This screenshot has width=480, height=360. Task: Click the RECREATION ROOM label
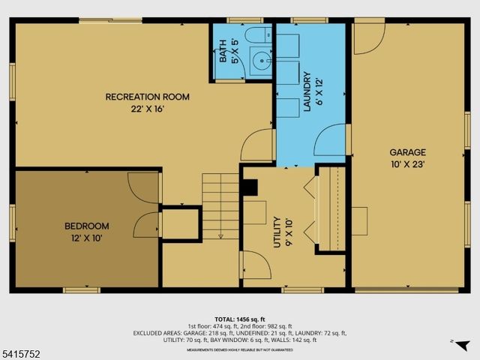[147, 97]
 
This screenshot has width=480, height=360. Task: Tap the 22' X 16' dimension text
[147, 109]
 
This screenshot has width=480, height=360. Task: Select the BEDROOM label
[86, 226]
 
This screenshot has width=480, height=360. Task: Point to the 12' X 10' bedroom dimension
[86, 238]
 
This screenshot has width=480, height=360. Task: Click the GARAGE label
[407, 152]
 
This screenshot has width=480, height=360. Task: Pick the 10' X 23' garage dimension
[407, 164]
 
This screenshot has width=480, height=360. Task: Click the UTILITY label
[277, 232]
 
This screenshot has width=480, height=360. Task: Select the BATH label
[223, 55]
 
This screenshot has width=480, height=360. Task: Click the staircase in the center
[220, 206]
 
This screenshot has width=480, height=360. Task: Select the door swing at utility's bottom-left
[254, 265]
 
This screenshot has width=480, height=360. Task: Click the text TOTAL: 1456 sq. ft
[240, 319]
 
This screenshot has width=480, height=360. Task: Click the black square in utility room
[250, 187]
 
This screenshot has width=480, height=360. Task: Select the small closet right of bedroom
[180, 224]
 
